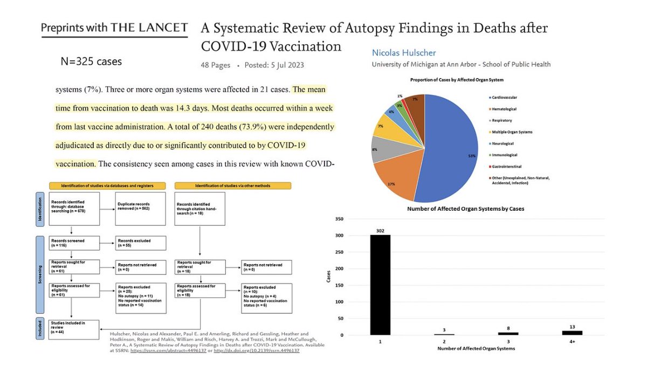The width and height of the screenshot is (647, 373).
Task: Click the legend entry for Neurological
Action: coord(502,143)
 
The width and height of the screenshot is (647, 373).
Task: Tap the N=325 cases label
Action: coord(91,61)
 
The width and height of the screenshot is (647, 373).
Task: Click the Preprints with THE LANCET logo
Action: coord(115,28)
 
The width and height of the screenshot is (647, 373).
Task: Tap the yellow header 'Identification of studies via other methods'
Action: coord(233,185)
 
